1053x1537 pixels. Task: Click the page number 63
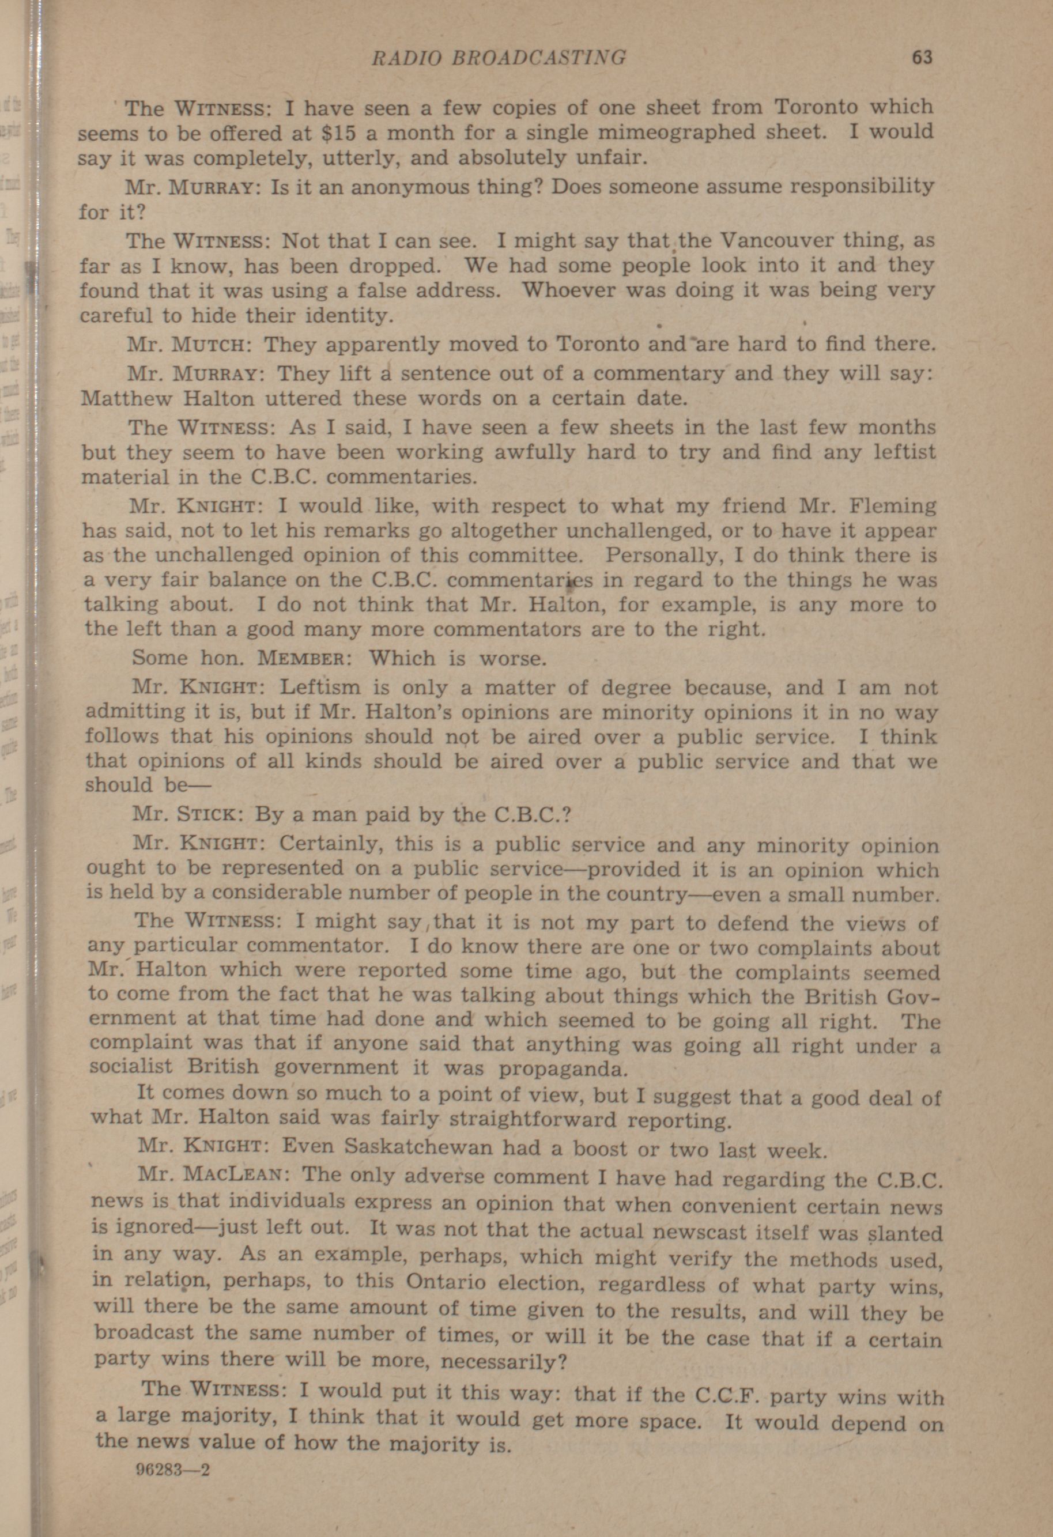pos(922,58)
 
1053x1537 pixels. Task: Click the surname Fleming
pos(892,507)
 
